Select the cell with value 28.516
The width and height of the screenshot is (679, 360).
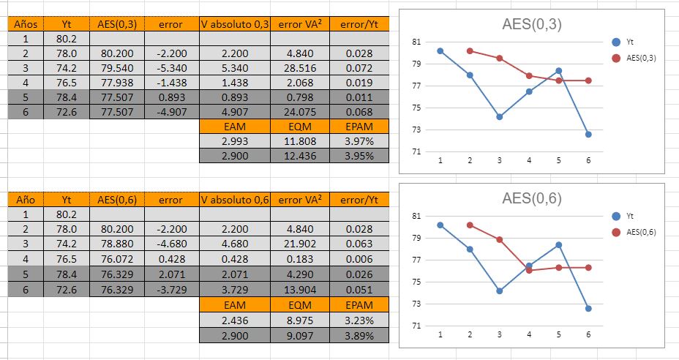300,68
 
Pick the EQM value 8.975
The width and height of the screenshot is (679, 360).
300,320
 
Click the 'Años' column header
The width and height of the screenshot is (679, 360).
26,24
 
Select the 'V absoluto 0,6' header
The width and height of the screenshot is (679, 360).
235,200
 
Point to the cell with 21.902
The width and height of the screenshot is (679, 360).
300,244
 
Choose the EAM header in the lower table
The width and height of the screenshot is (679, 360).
235,305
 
